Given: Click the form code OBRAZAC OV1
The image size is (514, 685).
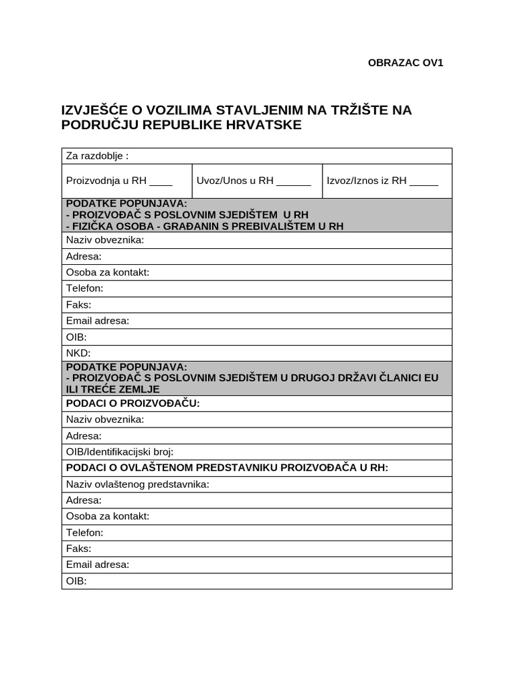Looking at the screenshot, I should pyautogui.click(x=406, y=63).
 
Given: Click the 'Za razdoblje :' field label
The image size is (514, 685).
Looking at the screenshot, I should pyautogui.click(x=97, y=156).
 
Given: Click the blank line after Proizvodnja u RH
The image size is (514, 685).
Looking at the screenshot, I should pyautogui.click(x=161, y=181).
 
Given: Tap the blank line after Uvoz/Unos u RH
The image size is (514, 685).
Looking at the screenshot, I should pyautogui.click(x=294, y=181).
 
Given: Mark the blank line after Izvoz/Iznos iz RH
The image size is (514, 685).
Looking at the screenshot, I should pyautogui.click(x=424, y=181).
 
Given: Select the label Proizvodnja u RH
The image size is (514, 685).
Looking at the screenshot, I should pyautogui.click(x=106, y=181).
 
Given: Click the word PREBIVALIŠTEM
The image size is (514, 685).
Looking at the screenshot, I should pyautogui.click(x=276, y=226).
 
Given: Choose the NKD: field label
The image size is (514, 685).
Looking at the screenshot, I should pyautogui.click(x=78, y=353).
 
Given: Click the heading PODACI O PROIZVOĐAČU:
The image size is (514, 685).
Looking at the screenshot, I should pyautogui.click(x=133, y=403).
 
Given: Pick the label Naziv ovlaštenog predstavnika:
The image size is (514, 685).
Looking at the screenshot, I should pyautogui.click(x=138, y=484).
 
